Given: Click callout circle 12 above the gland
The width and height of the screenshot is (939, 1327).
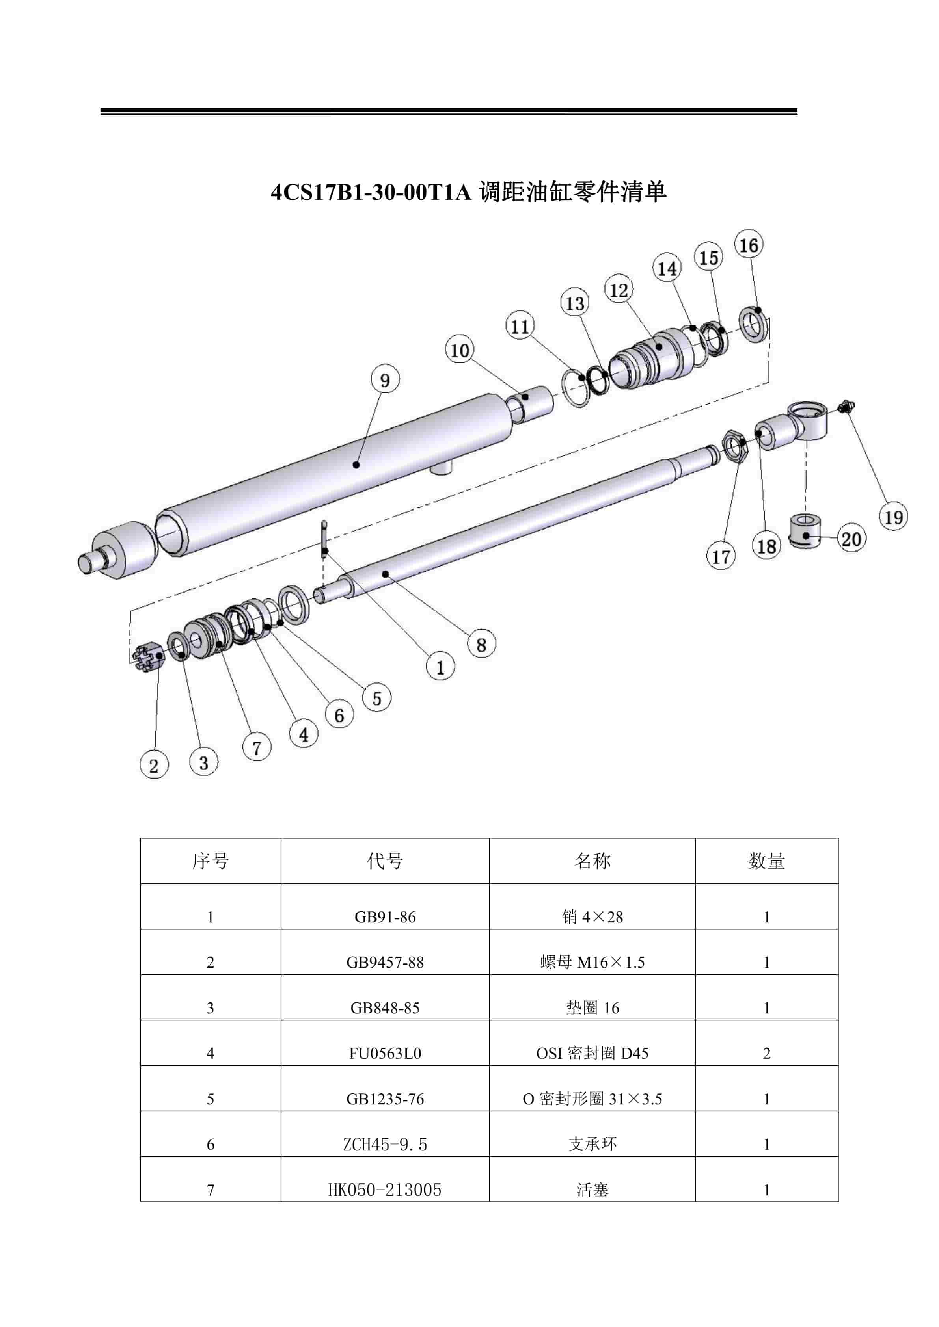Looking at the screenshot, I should [x=619, y=290].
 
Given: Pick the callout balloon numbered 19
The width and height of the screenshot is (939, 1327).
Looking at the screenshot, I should [x=893, y=516].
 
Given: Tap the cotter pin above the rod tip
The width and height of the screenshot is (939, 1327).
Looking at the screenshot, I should [x=324, y=539].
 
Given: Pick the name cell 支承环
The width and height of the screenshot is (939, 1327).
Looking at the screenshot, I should [x=592, y=1144].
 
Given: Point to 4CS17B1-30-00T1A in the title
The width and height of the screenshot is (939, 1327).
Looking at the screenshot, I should [x=371, y=192].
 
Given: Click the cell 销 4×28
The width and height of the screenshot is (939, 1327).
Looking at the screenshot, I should [x=592, y=917].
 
